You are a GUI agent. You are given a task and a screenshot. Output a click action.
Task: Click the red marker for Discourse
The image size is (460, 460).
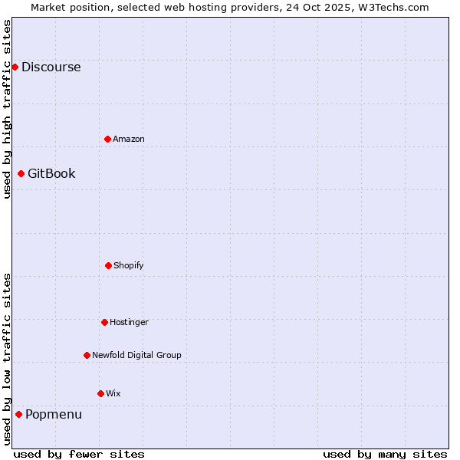click(x=15, y=67)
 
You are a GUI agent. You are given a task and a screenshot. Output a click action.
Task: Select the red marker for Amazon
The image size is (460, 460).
click(x=107, y=139)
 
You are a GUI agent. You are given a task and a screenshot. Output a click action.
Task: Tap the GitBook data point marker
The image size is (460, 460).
click(x=21, y=173)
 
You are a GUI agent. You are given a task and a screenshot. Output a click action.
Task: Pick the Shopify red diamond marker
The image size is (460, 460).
click(x=108, y=265)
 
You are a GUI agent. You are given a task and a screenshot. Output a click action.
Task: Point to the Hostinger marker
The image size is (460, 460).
click(x=104, y=322)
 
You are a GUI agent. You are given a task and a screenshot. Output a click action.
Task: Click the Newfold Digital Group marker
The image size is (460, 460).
click(x=87, y=355)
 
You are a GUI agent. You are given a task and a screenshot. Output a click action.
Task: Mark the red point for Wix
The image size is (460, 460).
click(x=100, y=393)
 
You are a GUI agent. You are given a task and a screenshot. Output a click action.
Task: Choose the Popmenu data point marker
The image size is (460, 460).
click(x=18, y=414)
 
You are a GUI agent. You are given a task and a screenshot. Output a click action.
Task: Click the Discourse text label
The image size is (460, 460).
click(x=51, y=67)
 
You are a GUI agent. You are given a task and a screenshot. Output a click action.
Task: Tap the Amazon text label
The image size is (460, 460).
click(x=129, y=139)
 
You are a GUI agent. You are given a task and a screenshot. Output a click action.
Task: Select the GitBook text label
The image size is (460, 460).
click(x=51, y=173)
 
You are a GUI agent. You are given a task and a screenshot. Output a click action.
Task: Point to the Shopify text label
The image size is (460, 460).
click(x=129, y=265)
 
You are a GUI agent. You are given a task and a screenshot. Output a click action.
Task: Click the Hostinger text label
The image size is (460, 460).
click(x=129, y=322)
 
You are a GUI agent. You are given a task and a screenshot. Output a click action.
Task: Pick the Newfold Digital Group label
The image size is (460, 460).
click(x=136, y=355)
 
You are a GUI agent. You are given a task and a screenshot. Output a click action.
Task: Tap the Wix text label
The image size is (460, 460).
click(x=113, y=393)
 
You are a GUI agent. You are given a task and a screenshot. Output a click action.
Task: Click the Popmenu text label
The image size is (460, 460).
click(x=54, y=414)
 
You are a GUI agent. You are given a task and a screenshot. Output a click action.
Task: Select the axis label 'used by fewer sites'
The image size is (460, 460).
click(x=79, y=454)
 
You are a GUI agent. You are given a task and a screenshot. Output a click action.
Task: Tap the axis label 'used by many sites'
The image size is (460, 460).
click(x=385, y=454)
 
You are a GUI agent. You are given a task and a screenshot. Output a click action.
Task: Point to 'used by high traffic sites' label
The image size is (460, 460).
click(x=7, y=109)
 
